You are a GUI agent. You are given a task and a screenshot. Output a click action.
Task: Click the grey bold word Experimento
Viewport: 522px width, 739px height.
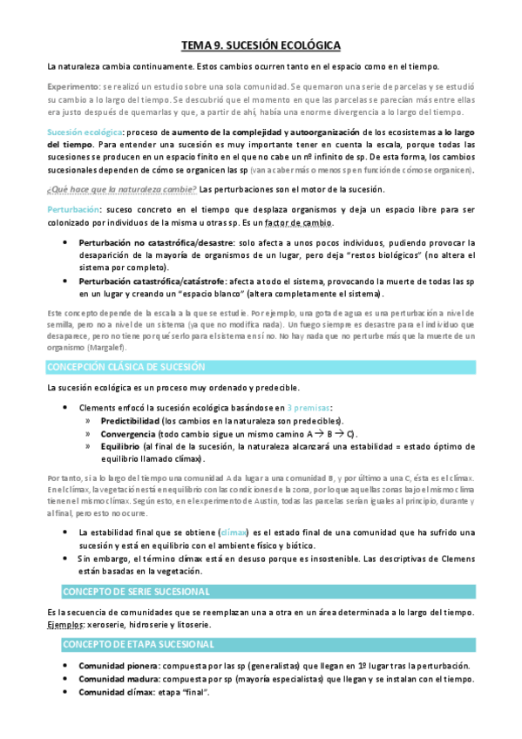point(73,88)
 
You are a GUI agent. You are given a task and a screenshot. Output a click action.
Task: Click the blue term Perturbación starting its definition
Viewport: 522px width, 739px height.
point(72,211)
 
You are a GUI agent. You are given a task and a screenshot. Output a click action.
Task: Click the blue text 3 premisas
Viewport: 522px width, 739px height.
point(307,408)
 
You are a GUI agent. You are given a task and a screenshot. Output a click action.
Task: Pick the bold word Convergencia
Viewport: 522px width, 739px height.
point(128,433)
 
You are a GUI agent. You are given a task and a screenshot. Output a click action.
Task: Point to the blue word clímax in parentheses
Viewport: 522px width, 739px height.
point(234,532)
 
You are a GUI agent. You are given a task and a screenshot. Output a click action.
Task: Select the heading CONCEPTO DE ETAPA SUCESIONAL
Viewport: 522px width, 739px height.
point(137,643)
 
